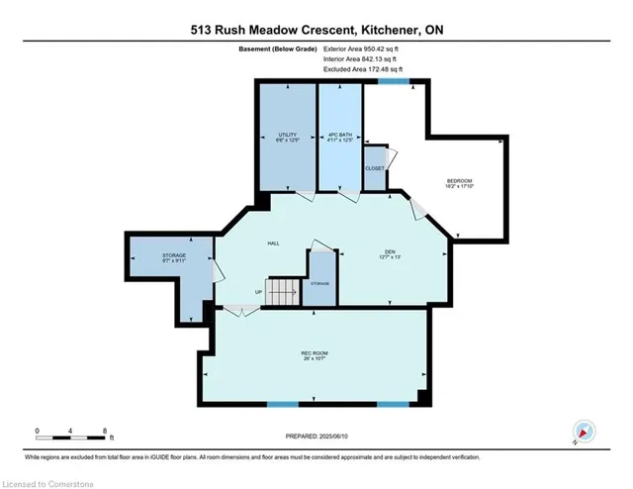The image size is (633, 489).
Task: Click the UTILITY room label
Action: (x=287, y=137)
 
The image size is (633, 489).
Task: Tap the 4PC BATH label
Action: (x=339, y=137)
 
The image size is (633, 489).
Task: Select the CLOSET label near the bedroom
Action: (x=375, y=168)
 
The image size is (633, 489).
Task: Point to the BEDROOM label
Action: (x=455, y=181)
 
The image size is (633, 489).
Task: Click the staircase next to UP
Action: (x=284, y=293)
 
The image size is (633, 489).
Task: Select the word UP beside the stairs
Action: (x=260, y=292)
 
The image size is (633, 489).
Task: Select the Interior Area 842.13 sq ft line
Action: (x=359, y=58)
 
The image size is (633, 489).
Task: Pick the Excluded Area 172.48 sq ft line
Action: (x=361, y=70)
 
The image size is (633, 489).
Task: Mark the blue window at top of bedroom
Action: (x=395, y=82)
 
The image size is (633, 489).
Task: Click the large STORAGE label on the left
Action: (x=174, y=259)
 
